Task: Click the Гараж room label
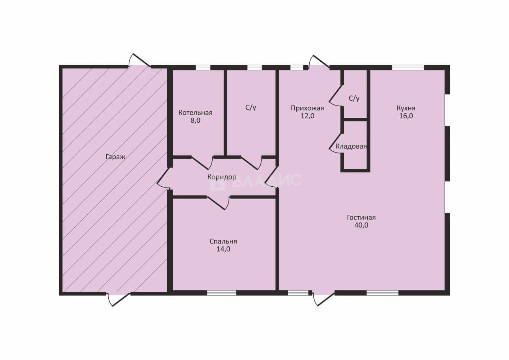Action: pyautogui.click(x=115, y=157)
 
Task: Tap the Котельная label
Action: pyautogui.click(x=195, y=113)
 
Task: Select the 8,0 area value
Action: pyautogui.click(x=195, y=121)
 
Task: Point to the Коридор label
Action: pyautogui.click(x=222, y=177)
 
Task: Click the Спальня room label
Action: pyautogui.click(x=223, y=241)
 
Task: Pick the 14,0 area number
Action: pyautogui.click(x=223, y=249)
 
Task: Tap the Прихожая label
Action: pyautogui.click(x=307, y=108)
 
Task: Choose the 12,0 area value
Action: pyautogui.click(x=307, y=116)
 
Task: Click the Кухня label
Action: pyautogui.click(x=406, y=108)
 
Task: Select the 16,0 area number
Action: pyautogui.click(x=406, y=116)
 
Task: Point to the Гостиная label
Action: pyautogui.click(x=361, y=218)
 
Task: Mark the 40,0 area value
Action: pyautogui.click(x=361, y=225)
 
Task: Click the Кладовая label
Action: pyautogui.click(x=351, y=147)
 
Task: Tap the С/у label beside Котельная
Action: pyautogui.click(x=250, y=108)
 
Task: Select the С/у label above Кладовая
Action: pyautogui.click(x=354, y=98)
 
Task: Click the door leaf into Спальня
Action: pyautogui.click(x=216, y=203)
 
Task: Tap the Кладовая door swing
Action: pyautogui.click(x=335, y=143)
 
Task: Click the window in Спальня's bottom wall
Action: pyautogui.click(x=222, y=293)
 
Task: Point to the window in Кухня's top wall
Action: pyautogui.click(x=408, y=67)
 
